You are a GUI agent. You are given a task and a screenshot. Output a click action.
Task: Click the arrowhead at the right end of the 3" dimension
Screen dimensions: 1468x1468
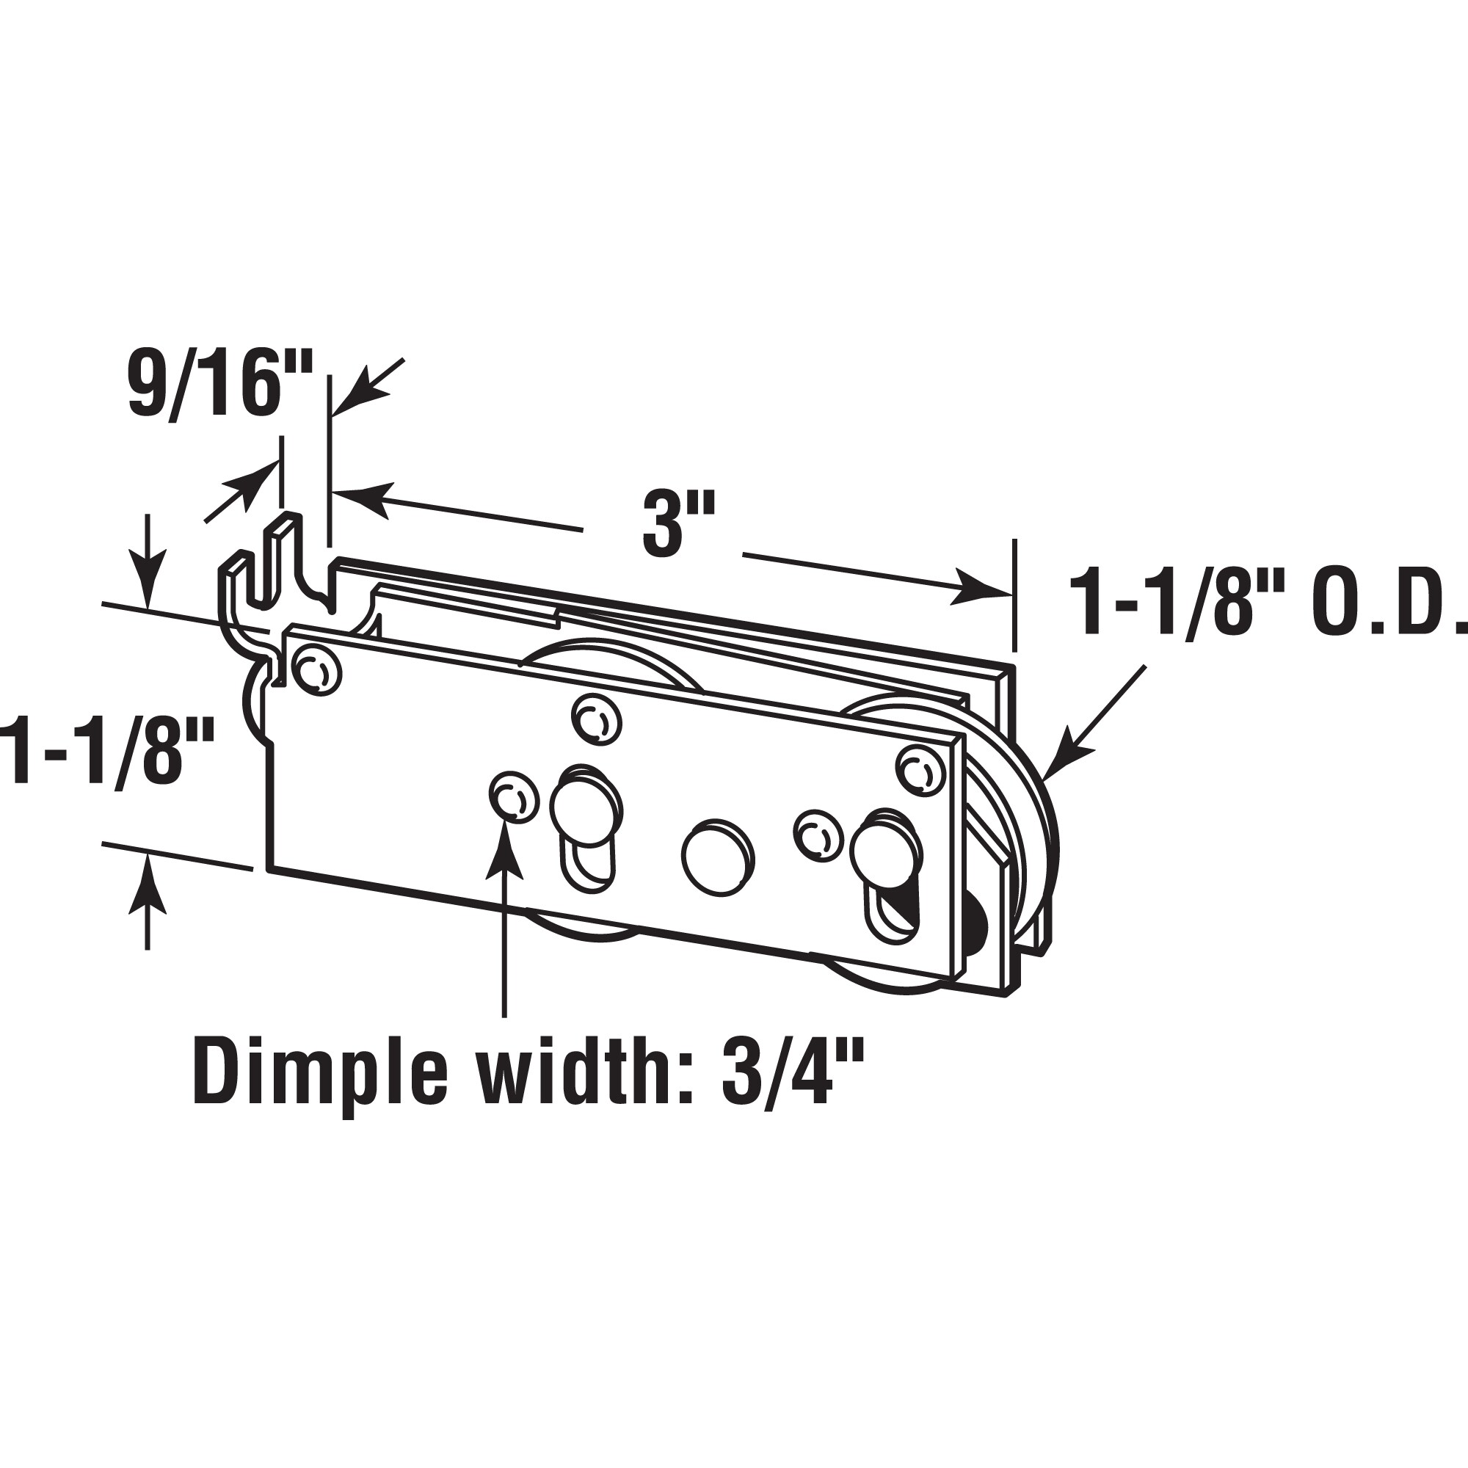(980, 592)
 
